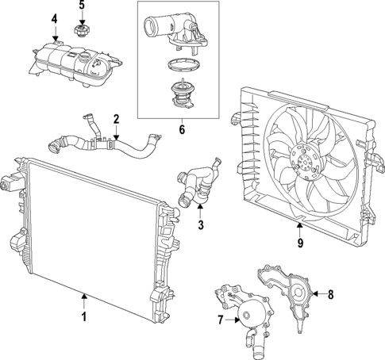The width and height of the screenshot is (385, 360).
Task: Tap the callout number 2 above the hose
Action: [116, 121]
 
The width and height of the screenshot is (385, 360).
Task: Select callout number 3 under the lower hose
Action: [201, 225]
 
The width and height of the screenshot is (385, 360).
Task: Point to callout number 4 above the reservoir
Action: [54, 18]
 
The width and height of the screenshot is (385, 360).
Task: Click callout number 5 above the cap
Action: [81, 6]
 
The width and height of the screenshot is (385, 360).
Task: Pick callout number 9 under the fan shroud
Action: [300, 245]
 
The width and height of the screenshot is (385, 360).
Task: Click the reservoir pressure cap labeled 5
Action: [79, 32]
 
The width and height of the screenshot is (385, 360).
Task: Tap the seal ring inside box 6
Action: [180, 69]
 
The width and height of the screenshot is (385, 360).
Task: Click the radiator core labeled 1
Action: [87, 230]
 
